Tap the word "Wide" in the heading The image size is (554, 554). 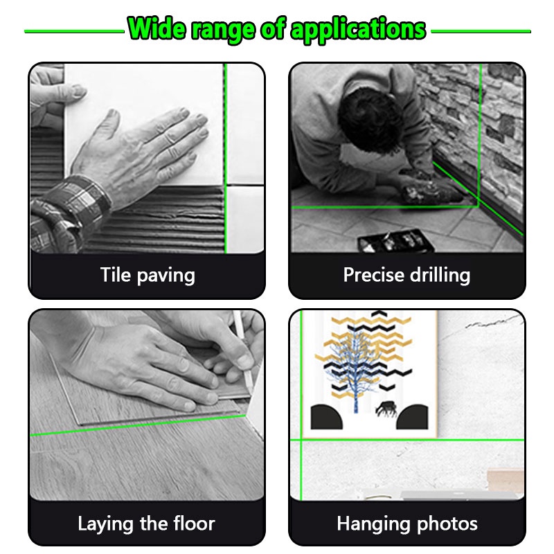coord(157,28)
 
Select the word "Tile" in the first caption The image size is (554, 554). coord(116,274)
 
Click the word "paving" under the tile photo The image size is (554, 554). coord(166,276)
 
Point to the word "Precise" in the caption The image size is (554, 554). coord(373,275)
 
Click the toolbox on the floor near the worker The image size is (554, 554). coord(395,241)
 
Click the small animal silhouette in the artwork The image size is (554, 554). coord(386,409)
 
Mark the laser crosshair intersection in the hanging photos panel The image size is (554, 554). coord(301,440)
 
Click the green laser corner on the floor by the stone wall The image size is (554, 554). coord(478,206)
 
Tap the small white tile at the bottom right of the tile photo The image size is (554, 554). coord(245,219)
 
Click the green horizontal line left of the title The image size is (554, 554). coord(74,31)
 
